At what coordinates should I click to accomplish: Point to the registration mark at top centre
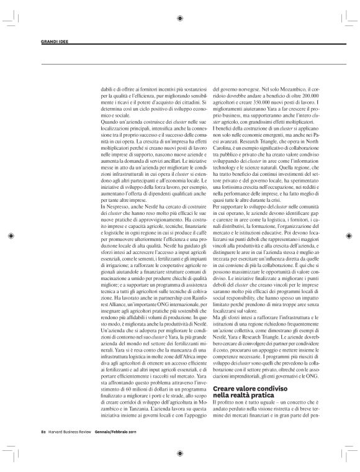179,18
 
